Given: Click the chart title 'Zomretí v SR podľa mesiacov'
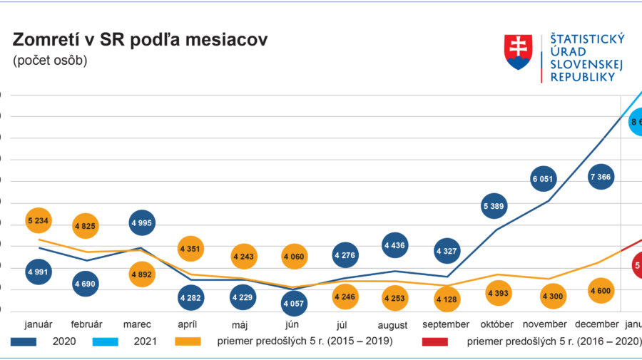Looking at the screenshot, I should pos(140,40).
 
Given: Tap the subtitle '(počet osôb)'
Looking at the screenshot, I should pos(50,61).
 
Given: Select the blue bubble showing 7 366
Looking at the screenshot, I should pos(601,176).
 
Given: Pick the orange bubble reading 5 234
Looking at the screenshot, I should pos(38,221).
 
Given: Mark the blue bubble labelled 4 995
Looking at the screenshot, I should pos(142,222).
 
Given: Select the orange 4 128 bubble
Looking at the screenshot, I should pos(447,298).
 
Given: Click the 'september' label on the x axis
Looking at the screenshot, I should pos(447,324).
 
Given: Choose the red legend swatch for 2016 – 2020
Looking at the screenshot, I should pos(430,341).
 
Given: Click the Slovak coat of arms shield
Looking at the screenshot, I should pos(519,53).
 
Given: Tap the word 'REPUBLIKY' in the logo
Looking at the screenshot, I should pos(582,77).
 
